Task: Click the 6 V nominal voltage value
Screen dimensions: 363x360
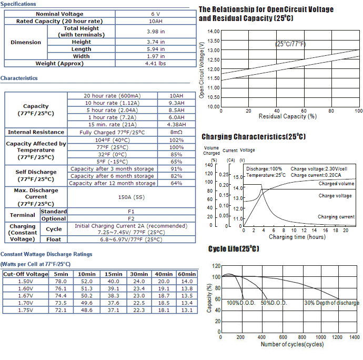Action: (156, 14)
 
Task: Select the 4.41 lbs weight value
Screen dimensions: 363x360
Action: (156, 64)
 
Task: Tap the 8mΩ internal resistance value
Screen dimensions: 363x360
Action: (176, 132)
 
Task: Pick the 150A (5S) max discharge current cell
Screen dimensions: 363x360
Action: (132, 197)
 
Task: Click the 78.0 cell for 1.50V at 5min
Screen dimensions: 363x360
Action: (61, 281)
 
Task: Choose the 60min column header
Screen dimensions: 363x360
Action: (187, 274)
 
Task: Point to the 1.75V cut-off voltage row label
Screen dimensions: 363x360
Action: (26, 310)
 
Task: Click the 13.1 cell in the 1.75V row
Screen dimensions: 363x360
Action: (187, 310)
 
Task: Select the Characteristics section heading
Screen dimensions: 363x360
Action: (19, 78)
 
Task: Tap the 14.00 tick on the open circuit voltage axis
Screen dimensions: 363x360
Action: (214, 32)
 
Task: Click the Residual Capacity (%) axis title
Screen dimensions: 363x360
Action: (288, 116)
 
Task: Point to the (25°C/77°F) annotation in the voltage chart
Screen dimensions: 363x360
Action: (290, 44)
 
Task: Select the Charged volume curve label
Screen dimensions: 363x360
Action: (336, 184)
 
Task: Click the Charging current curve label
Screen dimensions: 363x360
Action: (336, 217)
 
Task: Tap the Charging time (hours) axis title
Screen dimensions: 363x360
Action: (297, 237)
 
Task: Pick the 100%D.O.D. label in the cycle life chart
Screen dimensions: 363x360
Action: (241, 303)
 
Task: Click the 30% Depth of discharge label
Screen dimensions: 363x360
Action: (332, 303)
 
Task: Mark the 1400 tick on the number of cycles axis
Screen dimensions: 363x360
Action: (355, 337)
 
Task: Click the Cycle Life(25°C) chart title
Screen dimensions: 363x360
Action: (234, 249)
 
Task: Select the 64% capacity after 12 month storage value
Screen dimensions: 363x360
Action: (176, 183)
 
